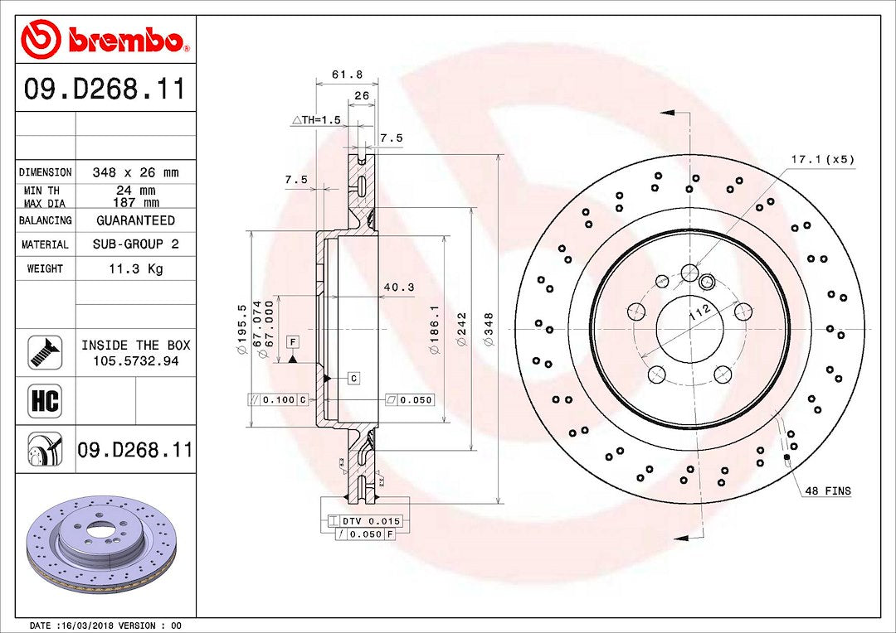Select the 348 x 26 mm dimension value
135,172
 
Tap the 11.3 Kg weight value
136,268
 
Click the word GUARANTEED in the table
135,220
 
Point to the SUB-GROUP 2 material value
136,244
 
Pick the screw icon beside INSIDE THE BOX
45,352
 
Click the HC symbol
45,400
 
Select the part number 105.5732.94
136,360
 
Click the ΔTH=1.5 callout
316,120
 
